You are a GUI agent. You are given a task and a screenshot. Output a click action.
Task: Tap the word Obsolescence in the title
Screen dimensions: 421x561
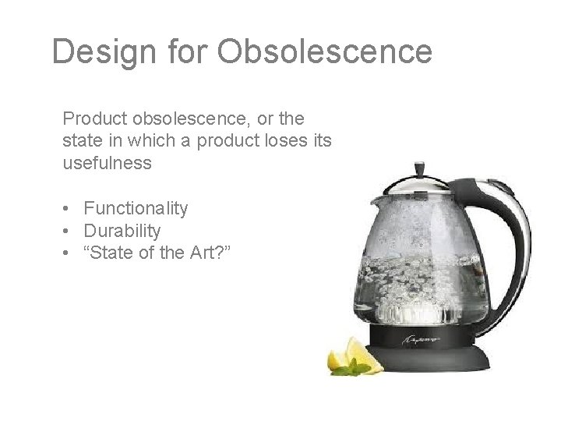coord(325,51)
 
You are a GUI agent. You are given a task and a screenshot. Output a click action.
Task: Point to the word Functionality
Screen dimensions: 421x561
coord(136,208)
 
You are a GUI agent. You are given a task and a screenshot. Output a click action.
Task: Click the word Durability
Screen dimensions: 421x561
coord(122,230)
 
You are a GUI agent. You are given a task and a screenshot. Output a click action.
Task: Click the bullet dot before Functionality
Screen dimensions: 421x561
coord(69,208)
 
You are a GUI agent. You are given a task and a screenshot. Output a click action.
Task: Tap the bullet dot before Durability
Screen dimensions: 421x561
coord(69,230)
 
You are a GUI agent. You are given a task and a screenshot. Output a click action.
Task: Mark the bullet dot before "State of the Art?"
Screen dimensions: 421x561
coord(69,253)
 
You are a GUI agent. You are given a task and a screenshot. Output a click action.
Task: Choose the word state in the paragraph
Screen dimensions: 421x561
coord(79,141)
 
